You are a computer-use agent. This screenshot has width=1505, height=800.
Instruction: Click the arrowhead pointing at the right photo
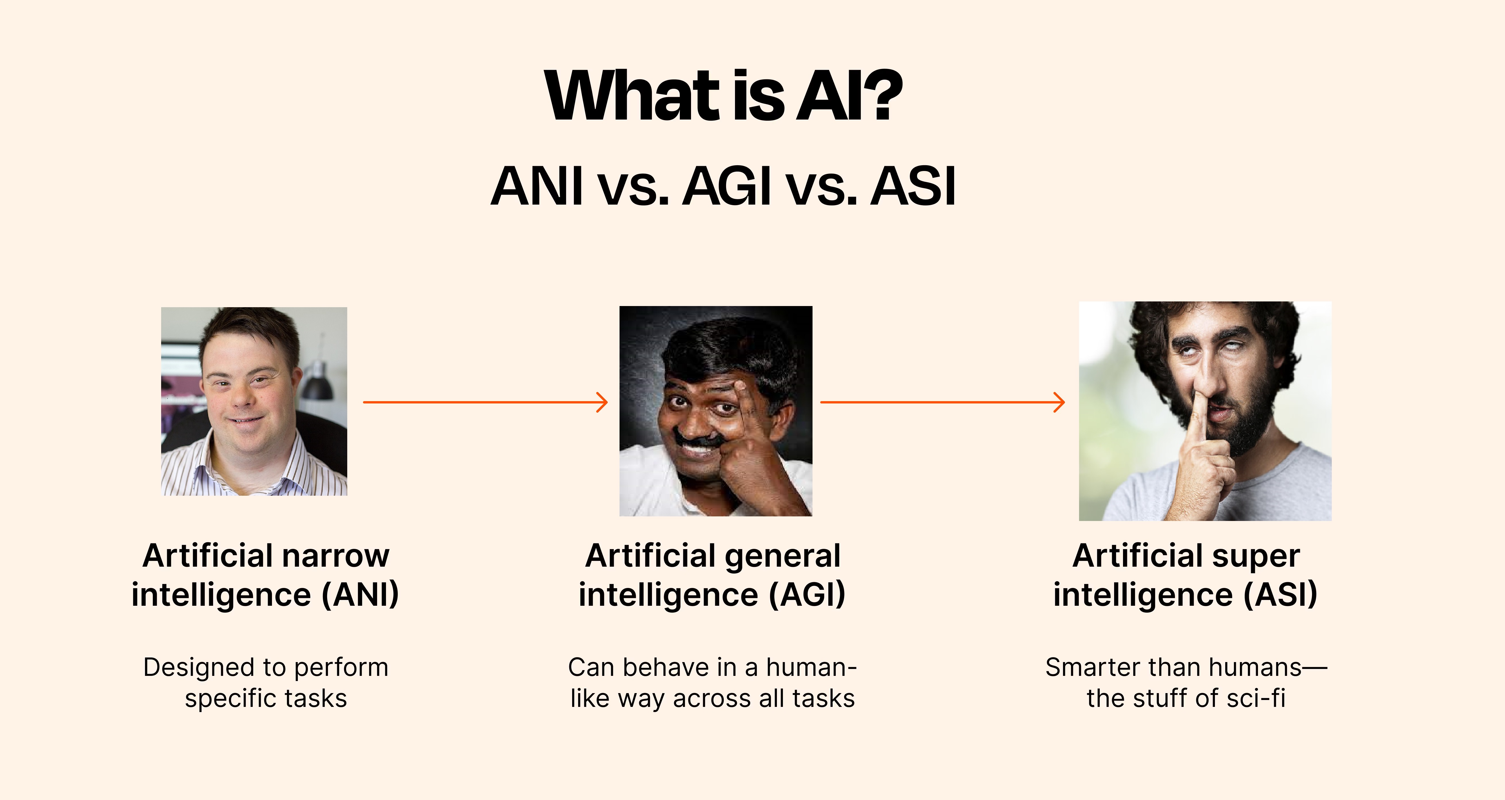tap(1059, 402)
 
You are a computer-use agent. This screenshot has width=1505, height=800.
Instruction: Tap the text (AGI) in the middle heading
tap(807, 595)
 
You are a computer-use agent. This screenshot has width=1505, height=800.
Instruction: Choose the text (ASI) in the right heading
tap(1280, 595)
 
